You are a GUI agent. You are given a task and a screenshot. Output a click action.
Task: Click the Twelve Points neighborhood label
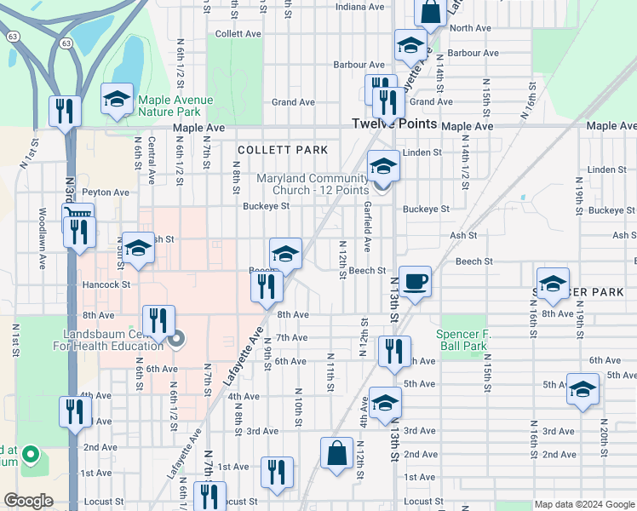pyautogui.click(x=394, y=124)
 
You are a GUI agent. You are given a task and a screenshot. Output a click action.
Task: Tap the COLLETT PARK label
pyautogui.click(x=282, y=150)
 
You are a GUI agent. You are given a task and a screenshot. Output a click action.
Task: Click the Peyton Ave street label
pyautogui.click(x=105, y=192)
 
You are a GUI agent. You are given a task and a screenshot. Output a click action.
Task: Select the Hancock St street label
pyautogui.click(x=106, y=284)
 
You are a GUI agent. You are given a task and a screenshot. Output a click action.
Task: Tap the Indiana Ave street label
pyautogui.click(x=359, y=7)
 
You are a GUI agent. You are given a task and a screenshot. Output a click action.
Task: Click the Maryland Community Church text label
pyautogui.click(x=313, y=183)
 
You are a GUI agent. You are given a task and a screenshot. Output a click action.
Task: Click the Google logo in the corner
pyautogui.click(x=28, y=501)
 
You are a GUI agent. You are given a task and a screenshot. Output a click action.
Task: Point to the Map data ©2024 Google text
pyautogui.click(x=583, y=504)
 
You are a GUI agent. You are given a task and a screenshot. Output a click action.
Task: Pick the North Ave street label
pyautogui.click(x=471, y=28)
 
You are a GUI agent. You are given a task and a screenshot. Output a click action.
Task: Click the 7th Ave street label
pyautogui.click(x=291, y=338)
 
